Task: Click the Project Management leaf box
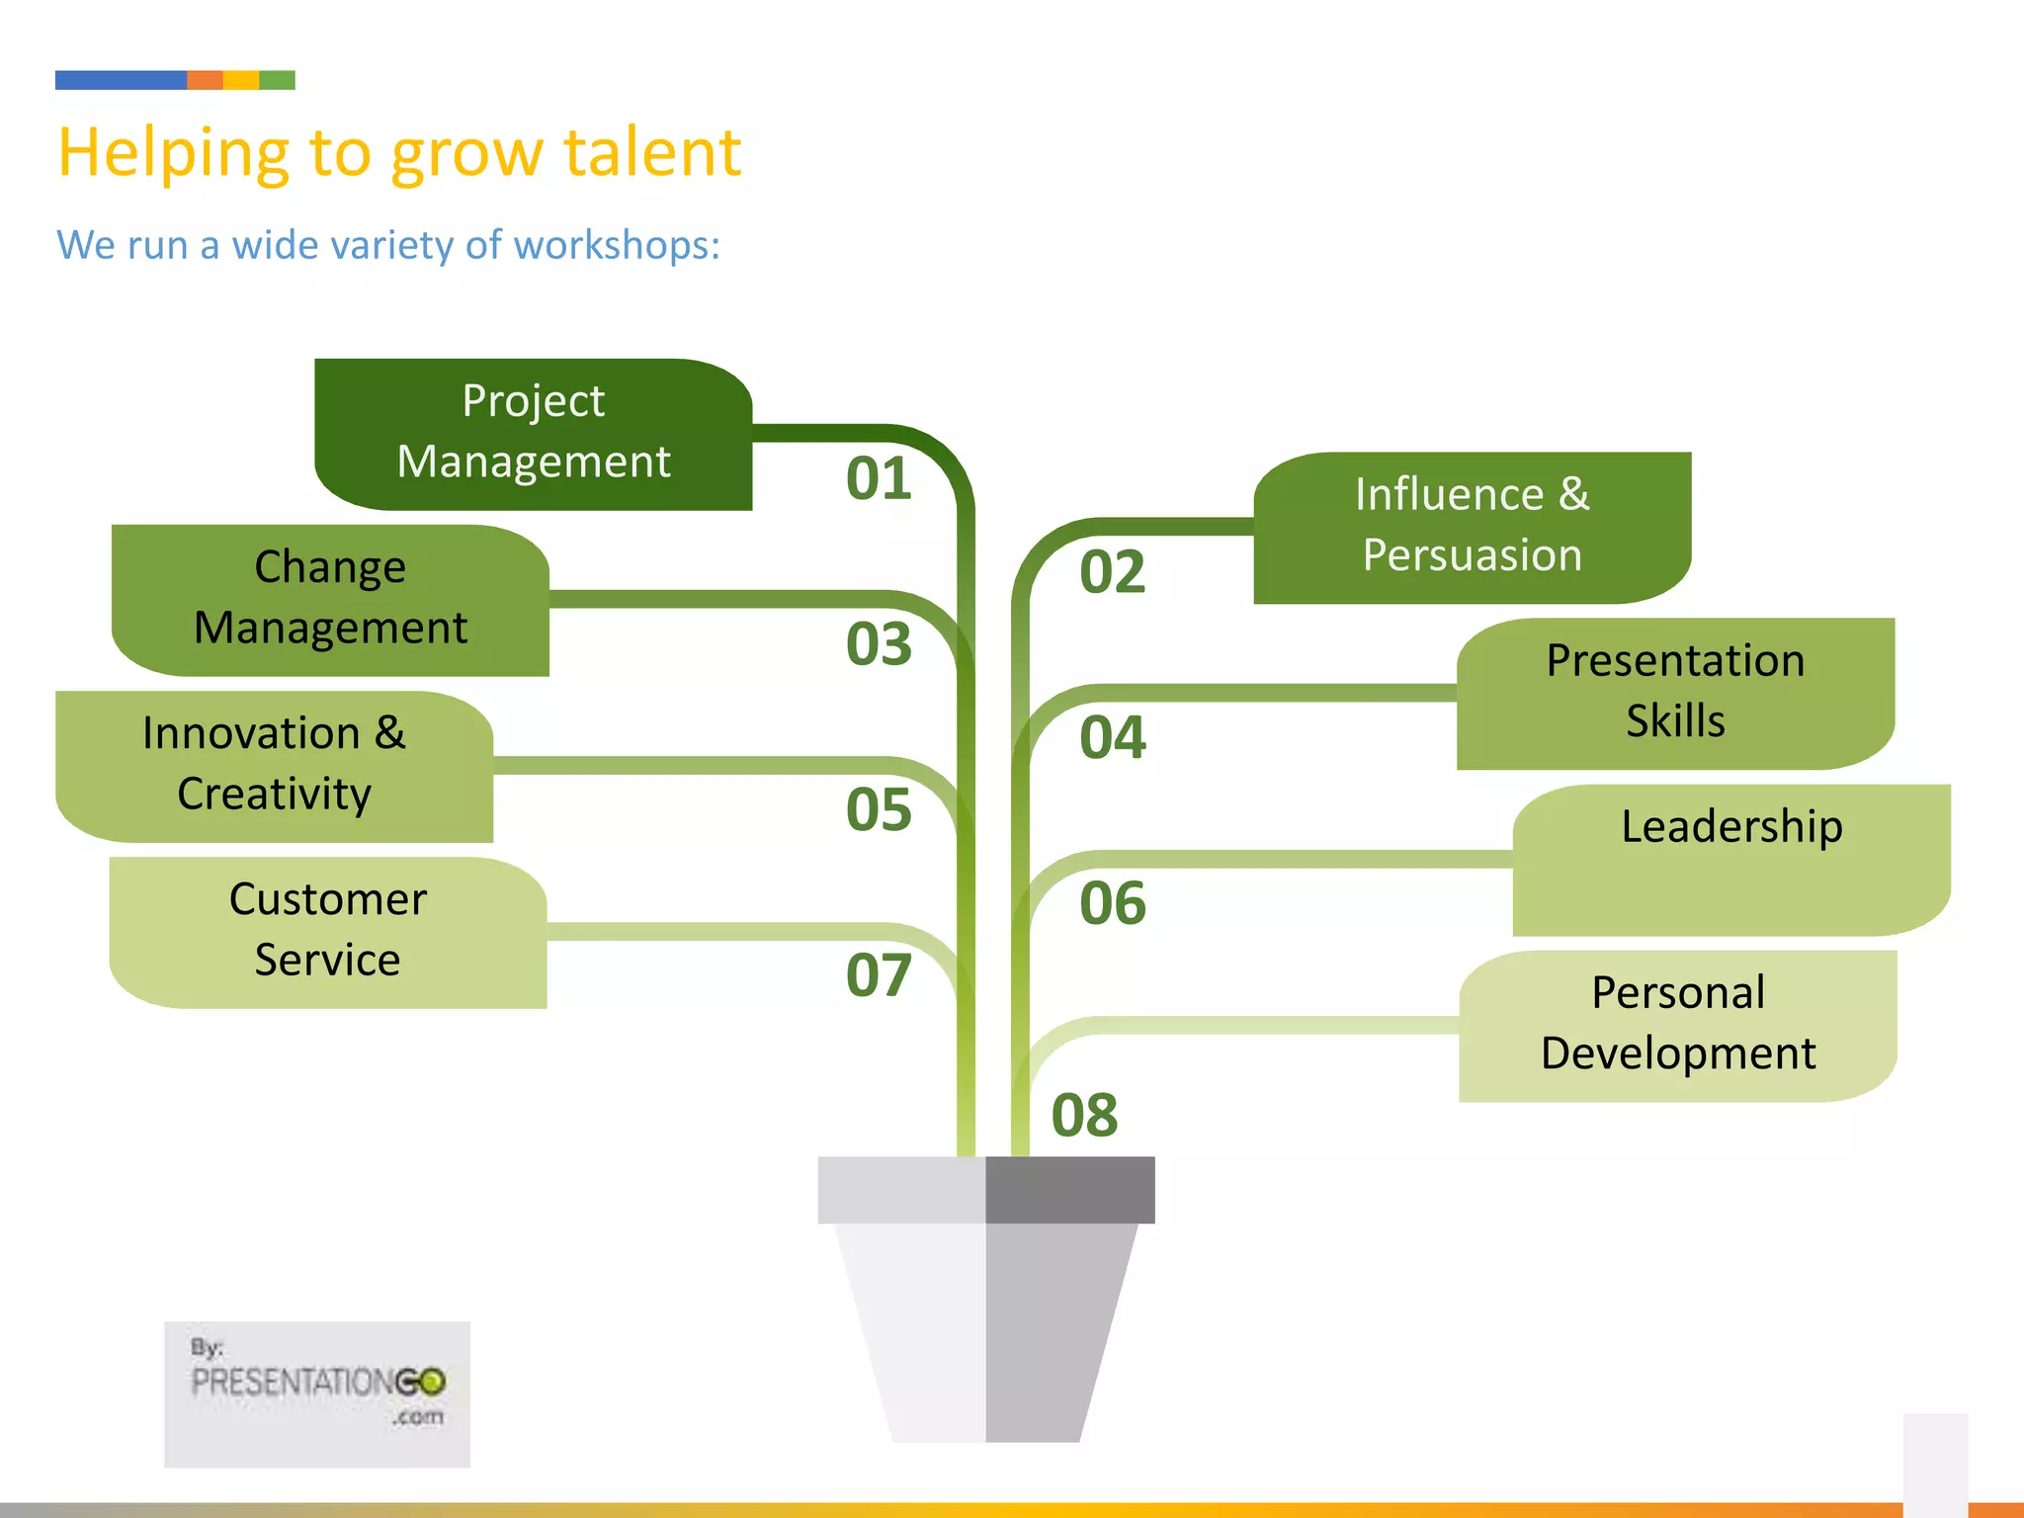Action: pyautogui.click(x=533, y=433)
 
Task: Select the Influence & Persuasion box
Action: pyautogui.click(x=1472, y=527)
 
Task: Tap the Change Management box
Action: pyautogui.click(x=330, y=599)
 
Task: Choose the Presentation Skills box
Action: pyautogui.click(x=1675, y=692)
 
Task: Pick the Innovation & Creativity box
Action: pyautogui.click(x=274, y=765)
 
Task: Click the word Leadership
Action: pyautogui.click(x=1731, y=826)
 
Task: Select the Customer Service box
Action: pyautogui.click(x=327, y=931)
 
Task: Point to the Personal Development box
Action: pyautogui.click(x=1677, y=1025)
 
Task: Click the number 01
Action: pyautogui.click(x=879, y=479)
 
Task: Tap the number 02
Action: pyautogui.click(x=1112, y=573)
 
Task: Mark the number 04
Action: pyautogui.click(x=1112, y=738)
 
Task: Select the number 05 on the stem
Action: pyautogui.click(x=879, y=810)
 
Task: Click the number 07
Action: pyautogui.click(x=879, y=976)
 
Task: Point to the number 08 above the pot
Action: pyautogui.click(x=1084, y=1116)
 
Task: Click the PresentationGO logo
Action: pyautogui.click(x=317, y=1392)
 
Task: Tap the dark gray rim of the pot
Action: pyautogui.click(x=1069, y=1190)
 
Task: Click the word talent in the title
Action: pyautogui.click(x=652, y=153)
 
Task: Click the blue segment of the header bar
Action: pyautogui.click(x=121, y=80)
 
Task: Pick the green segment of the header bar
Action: pyautogui.click(x=277, y=80)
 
